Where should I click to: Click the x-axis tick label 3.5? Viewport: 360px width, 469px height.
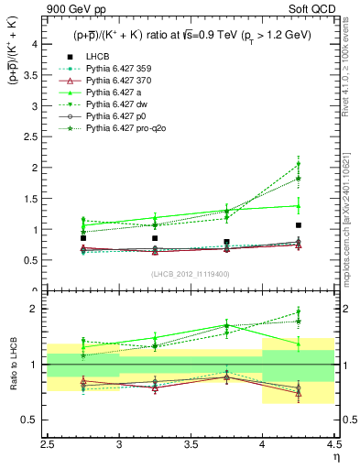pyautogui.click(x=191, y=445)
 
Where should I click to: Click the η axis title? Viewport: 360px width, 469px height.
pyautogui.click(x=334, y=457)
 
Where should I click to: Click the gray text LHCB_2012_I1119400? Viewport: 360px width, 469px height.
pyautogui.click(x=191, y=274)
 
